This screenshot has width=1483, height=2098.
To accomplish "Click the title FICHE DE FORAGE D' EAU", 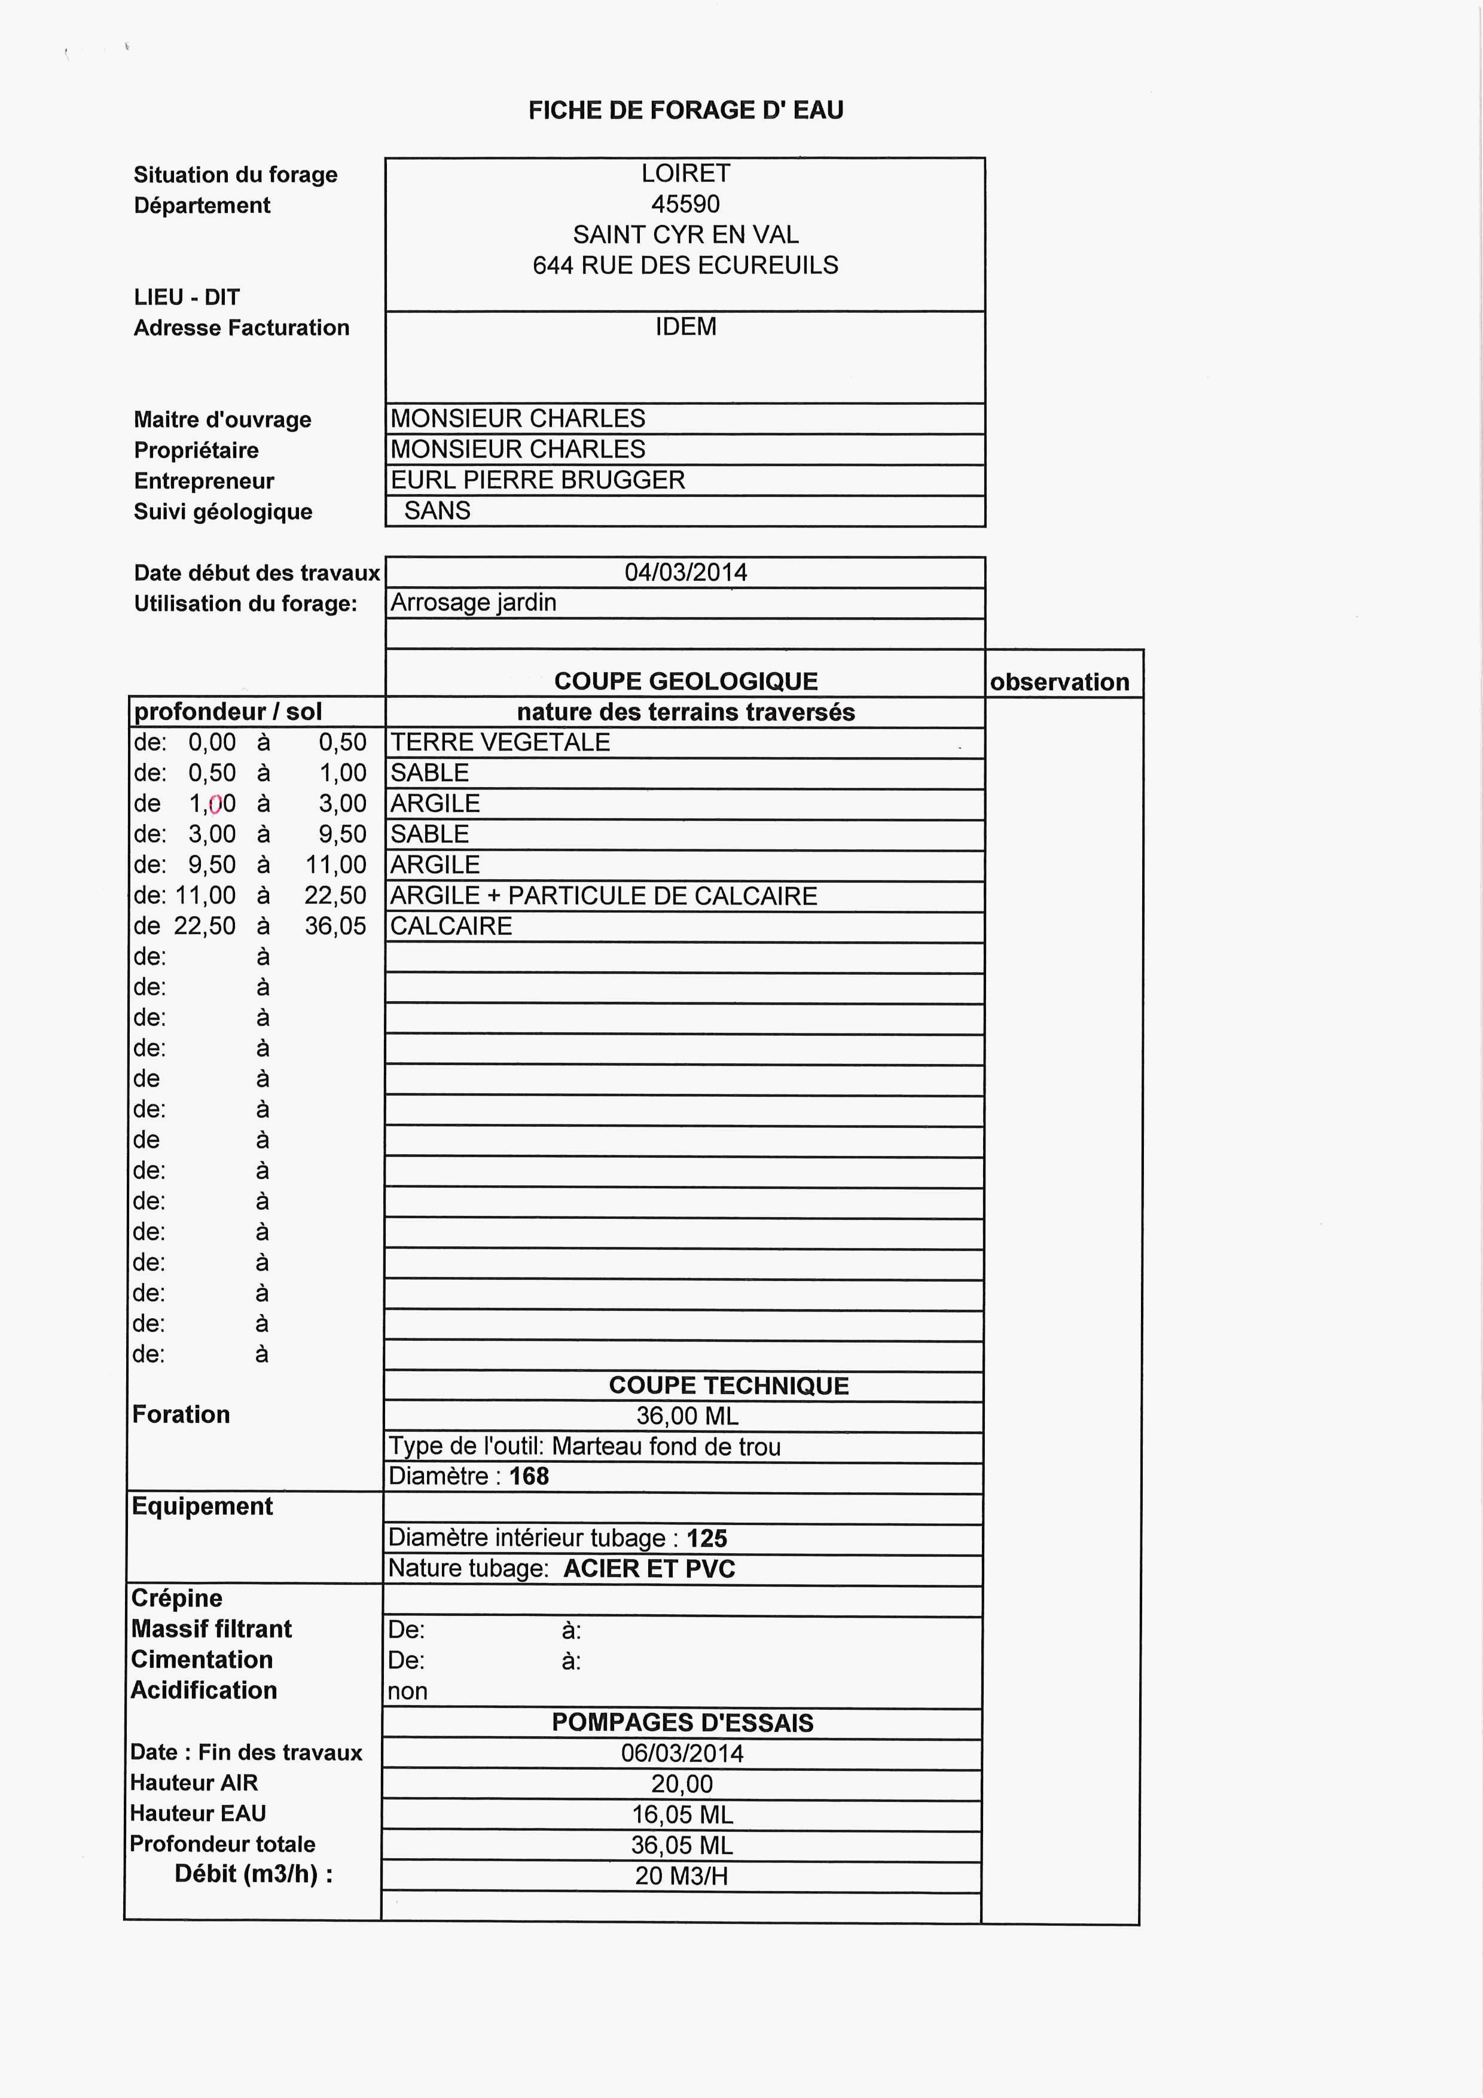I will coord(685,111).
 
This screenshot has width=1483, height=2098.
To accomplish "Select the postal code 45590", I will coord(685,204).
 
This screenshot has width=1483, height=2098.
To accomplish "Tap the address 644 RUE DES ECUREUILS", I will coord(685,265).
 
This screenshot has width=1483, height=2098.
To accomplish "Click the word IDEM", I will coord(685,326).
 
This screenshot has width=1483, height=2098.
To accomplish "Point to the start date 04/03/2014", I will coord(685,572).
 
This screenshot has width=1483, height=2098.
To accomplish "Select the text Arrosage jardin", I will coord(474,602).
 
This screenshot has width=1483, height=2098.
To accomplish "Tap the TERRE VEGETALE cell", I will coord(500,742).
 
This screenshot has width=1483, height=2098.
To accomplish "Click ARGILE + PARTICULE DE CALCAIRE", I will coord(603,895).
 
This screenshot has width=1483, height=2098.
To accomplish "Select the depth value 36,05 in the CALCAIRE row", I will coord(335,926).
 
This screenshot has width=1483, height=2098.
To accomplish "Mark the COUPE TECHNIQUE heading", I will coord(728,1385).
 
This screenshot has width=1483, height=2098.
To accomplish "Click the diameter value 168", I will coord(529,1476).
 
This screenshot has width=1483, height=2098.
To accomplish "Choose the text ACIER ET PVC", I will coord(649,1568).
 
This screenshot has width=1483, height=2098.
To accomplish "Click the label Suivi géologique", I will coord(223,512).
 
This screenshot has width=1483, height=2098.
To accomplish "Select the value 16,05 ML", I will coord(682,1814).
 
